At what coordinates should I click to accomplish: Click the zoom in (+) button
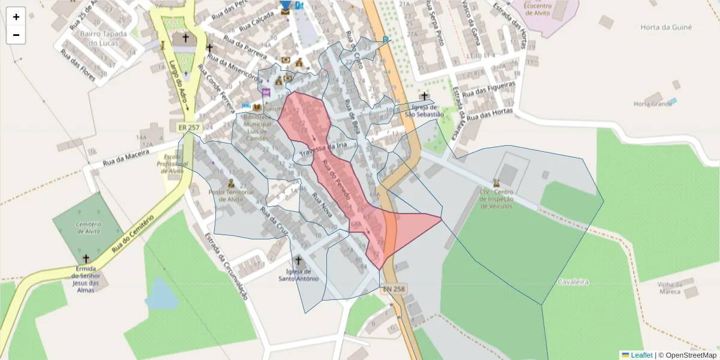pyautogui.click(x=16, y=17)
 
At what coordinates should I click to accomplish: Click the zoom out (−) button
pyautogui.click(x=16, y=35)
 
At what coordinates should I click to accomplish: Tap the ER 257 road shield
pyautogui.click(x=188, y=128)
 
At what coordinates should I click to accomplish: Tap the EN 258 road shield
pyautogui.click(x=394, y=289)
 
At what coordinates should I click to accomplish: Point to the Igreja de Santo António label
pyautogui.click(x=298, y=275)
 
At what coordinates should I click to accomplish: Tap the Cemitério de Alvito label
pyautogui.click(x=88, y=227)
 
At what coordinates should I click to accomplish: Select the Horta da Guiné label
pyautogui.click(x=666, y=28)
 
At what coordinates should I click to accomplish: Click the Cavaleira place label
pyautogui.click(x=573, y=282)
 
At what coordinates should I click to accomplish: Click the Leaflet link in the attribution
pyautogui.click(x=641, y=355)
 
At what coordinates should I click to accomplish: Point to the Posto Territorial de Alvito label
pyautogui.click(x=230, y=196)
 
